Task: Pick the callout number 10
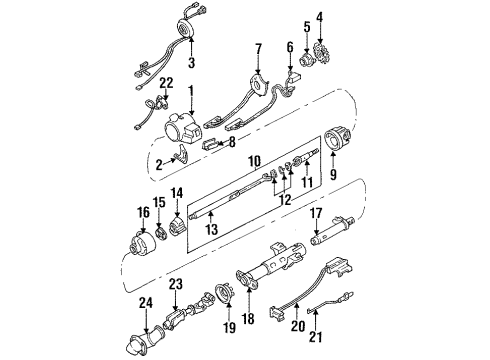click(254, 161)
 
